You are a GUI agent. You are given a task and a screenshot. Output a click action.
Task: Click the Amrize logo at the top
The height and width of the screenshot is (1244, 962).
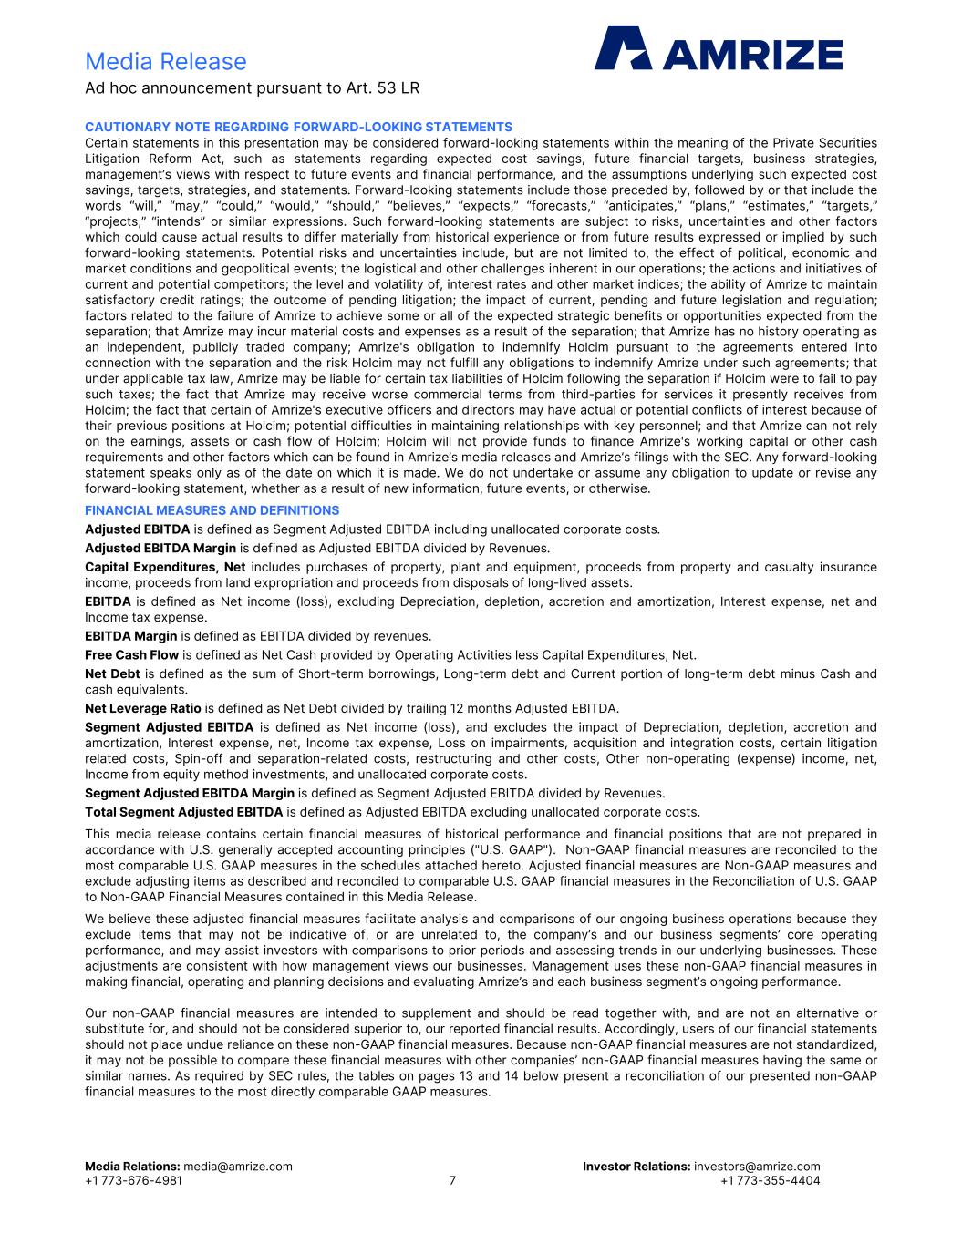tap(719, 48)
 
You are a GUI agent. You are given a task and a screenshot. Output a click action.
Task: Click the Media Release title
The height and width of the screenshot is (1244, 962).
tap(165, 61)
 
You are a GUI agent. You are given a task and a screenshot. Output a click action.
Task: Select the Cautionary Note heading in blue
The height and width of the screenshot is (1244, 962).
tap(298, 127)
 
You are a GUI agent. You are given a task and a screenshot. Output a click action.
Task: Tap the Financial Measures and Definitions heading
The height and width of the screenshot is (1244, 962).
tap(212, 510)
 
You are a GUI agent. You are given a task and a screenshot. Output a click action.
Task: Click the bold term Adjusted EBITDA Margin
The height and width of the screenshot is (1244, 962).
tap(160, 548)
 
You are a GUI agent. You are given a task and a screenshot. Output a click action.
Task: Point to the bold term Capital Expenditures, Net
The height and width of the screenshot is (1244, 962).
tap(165, 567)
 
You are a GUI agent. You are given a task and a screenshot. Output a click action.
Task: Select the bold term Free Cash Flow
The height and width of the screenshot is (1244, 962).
tap(131, 654)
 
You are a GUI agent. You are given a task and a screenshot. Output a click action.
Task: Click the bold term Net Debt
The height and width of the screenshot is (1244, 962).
tap(111, 673)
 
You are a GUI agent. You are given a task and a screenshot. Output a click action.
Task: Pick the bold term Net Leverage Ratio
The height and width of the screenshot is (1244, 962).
tap(142, 708)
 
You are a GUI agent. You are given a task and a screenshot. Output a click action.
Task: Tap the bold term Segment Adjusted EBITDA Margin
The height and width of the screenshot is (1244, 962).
tap(190, 792)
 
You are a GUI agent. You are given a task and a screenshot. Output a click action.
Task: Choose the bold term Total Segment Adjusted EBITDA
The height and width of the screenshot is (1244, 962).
tap(183, 811)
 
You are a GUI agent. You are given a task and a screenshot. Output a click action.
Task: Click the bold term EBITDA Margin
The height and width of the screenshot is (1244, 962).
tap(130, 635)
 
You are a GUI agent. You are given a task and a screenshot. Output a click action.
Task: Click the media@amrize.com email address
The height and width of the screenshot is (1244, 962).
tap(238, 1167)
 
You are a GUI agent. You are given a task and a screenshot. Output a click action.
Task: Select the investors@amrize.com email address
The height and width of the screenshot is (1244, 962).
tap(757, 1167)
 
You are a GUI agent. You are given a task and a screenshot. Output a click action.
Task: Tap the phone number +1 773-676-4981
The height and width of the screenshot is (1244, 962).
tap(133, 1180)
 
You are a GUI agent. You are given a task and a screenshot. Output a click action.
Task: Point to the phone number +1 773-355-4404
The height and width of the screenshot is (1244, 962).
tap(770, 1180)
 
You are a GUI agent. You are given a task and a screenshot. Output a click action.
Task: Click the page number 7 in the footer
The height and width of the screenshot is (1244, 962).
tap(452, 1180)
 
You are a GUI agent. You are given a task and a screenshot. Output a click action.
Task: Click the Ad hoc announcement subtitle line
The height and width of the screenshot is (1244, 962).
tap(252, 88)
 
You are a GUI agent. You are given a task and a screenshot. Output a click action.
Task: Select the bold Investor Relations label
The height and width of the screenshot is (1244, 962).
tap(636, 1167)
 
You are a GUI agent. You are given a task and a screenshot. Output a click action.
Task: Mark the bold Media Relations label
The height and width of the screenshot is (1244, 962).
tap(132, 1167)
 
